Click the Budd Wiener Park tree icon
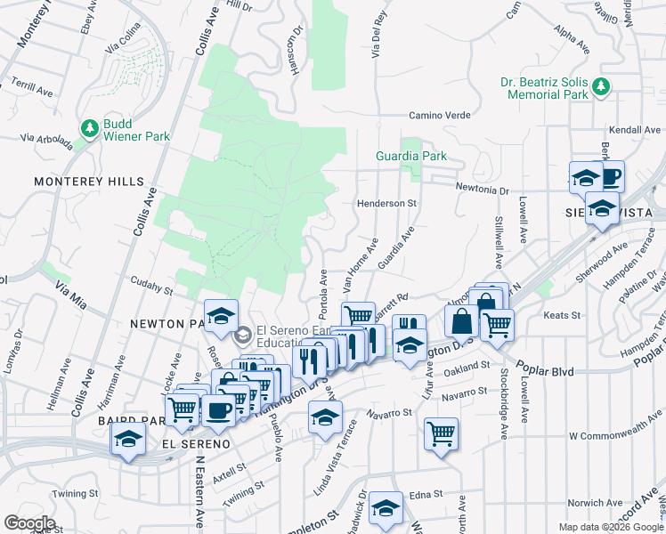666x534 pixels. click(90, 129)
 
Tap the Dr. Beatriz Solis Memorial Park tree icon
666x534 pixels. click(602, 85)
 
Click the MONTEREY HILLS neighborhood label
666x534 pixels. click(89, 182)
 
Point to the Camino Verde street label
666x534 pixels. click(439, 115)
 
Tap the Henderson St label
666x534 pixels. click(387, 203)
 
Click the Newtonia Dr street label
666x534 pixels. click(482, 189)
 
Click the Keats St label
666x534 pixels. click(562, 315)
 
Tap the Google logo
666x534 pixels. click(28, 523)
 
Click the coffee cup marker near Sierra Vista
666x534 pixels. click(610, 175)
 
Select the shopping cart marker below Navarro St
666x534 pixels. click(441, 434)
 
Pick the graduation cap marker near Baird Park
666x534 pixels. click(128, 438)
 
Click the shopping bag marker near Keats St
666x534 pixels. click(462, 321)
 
